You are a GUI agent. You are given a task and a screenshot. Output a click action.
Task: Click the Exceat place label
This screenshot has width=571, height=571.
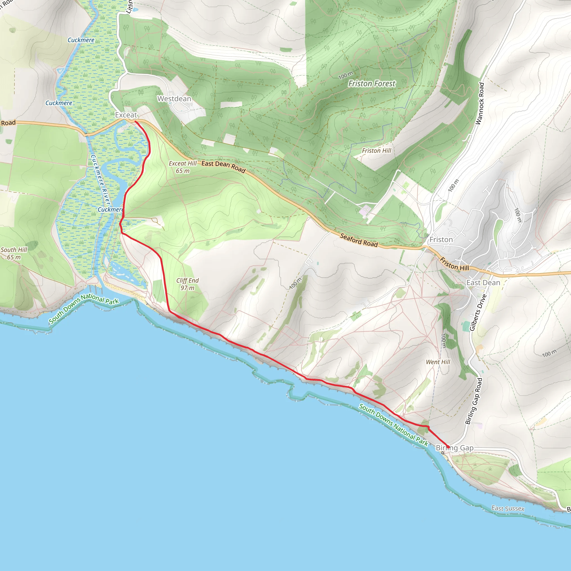click(126, 115)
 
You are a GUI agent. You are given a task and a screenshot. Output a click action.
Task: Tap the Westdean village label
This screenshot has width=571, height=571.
click(174, 99)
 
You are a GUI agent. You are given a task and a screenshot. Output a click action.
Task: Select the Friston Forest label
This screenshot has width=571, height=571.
click(371, 84)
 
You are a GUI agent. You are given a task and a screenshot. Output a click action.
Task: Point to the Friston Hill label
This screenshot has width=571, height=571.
click(376, 151)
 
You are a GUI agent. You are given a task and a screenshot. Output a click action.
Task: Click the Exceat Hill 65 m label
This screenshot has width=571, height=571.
click(182, 167)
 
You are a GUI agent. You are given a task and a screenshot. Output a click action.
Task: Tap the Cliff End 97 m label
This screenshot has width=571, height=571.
click(187, 284)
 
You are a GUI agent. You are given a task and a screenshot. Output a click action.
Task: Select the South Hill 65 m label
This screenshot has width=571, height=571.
click(14, 253)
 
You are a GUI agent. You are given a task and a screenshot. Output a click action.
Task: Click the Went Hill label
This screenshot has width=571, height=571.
click(438, 362)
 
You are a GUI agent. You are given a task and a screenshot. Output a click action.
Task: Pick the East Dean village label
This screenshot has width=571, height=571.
click(483, 283)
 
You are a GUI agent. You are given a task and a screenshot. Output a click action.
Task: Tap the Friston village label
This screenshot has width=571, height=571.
click(441, 240)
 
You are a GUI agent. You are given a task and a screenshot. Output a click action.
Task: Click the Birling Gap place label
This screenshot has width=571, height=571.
click(454, 448)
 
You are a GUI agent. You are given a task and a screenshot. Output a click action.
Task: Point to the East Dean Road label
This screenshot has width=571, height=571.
click(223, 167)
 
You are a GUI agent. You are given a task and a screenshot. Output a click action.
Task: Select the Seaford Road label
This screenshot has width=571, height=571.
click(359, 240)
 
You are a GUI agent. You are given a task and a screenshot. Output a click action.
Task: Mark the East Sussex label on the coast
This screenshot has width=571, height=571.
click(507, 508)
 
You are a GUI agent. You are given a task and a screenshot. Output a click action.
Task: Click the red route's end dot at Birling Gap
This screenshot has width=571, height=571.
click(448, 447)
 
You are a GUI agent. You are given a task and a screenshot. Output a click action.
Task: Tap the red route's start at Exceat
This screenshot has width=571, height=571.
click(135, 122)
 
